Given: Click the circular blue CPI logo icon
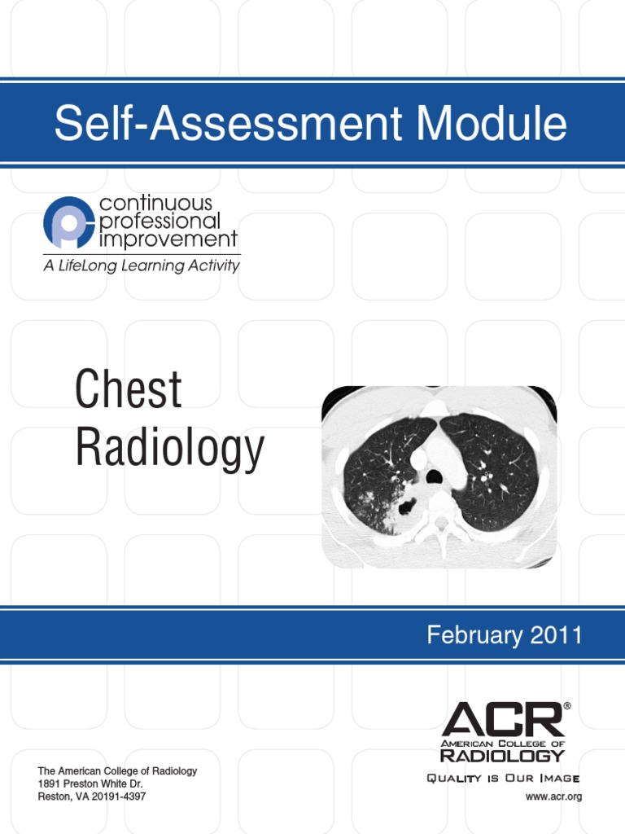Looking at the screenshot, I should point(68,222).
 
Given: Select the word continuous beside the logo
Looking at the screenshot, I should point(155,202).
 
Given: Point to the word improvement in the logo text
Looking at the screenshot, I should point(168,239).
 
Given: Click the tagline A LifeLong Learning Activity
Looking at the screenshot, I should point(142,266).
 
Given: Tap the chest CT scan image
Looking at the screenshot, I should point(439,476).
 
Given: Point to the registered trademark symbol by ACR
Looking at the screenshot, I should point(566,706).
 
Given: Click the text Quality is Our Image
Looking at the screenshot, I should point(504,779).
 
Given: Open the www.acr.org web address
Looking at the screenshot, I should point(553,797).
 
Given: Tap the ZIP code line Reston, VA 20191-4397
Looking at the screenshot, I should point(92,797).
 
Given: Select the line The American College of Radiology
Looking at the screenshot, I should point(117,770).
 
